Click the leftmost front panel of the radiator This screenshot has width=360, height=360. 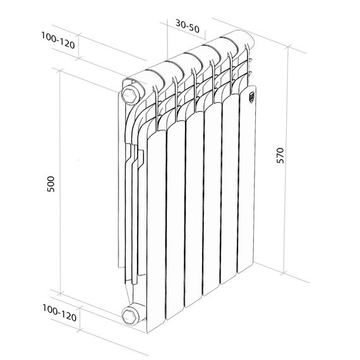tap(155, 234)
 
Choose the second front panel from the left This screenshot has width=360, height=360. tap(175, 221)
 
